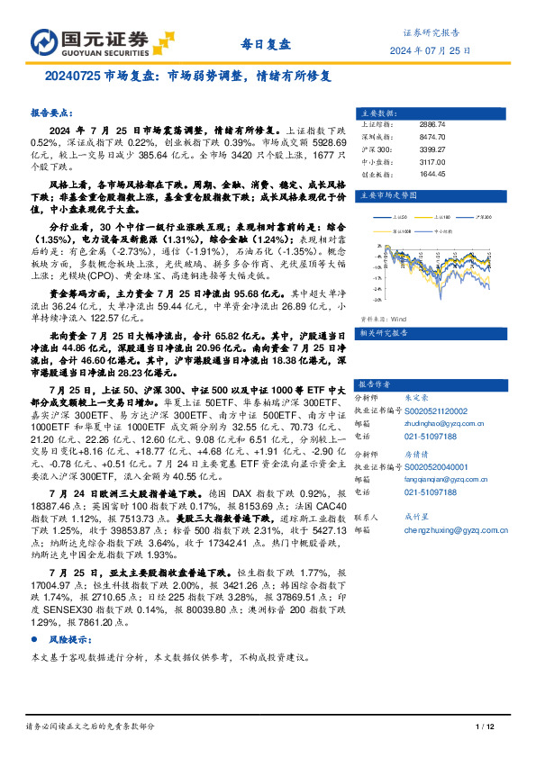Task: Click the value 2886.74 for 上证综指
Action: tap(433, 123)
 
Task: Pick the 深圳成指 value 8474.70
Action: tap(433, 136)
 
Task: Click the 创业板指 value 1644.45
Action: tap(433, 174)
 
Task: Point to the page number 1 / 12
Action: tap(485, 726)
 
